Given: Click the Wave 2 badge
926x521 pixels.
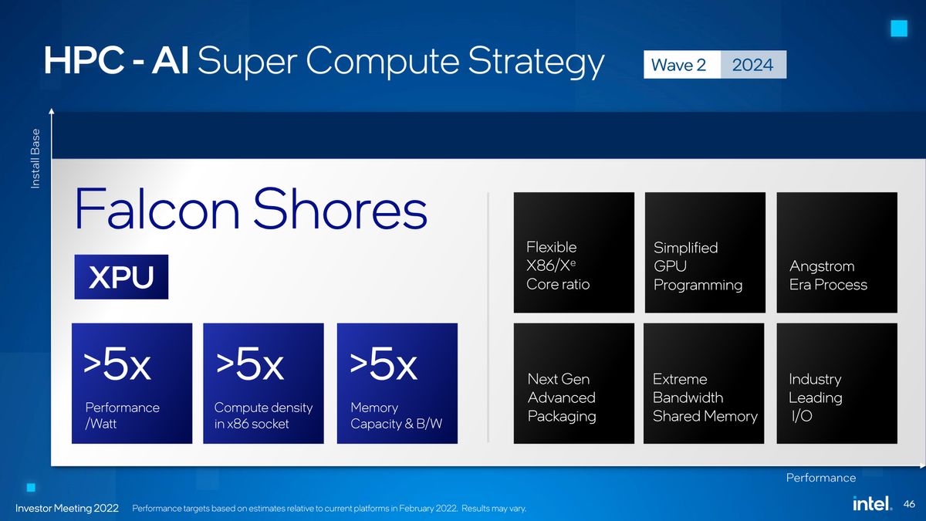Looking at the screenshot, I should (x=679, y=65).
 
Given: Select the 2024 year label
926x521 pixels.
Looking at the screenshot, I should (x=752, y=65).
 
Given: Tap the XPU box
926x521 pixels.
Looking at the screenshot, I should (x=121, y=277).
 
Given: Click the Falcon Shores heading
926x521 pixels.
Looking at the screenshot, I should (x=250, y=209).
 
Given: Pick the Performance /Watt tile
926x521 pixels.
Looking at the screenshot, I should (x=132, y=384).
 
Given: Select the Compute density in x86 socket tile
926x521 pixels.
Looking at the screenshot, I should (x=263, y=384).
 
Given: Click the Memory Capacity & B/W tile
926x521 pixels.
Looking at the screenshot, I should (x=397, y=384).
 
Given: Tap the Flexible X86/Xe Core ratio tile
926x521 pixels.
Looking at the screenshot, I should (x=573, y=252).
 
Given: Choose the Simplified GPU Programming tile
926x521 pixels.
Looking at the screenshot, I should (x=705, y=252).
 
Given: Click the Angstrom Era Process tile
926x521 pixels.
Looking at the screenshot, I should (x=836, y=252).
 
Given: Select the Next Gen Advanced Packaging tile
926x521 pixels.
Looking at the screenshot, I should (x=573, y=384).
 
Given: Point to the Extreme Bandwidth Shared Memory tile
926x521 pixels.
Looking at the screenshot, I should (x=704, y=384).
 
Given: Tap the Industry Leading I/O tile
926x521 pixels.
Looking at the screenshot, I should (x=836, y=384).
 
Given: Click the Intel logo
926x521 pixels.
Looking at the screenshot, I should (x=872, y=503).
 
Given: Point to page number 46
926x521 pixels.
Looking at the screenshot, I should (x=908, y=504).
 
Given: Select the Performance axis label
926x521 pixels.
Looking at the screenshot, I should (x=820, y=478).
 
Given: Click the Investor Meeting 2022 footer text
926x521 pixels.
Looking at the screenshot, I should (x=67, y=508).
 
